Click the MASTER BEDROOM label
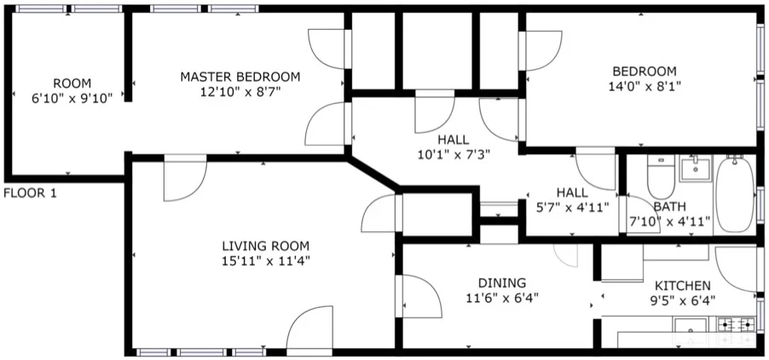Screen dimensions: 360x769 pos(240,77)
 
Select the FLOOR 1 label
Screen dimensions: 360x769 pos(30,193)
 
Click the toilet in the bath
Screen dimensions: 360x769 pos(661,177)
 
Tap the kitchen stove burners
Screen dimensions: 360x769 pos(736,324)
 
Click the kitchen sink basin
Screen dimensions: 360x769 pos(690,325)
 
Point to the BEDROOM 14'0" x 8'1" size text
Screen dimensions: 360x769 pos(644,85)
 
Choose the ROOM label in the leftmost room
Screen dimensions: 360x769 pos(72,83)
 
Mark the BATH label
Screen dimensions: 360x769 pos(669,206)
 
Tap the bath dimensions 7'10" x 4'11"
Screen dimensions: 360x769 pos(669,223)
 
